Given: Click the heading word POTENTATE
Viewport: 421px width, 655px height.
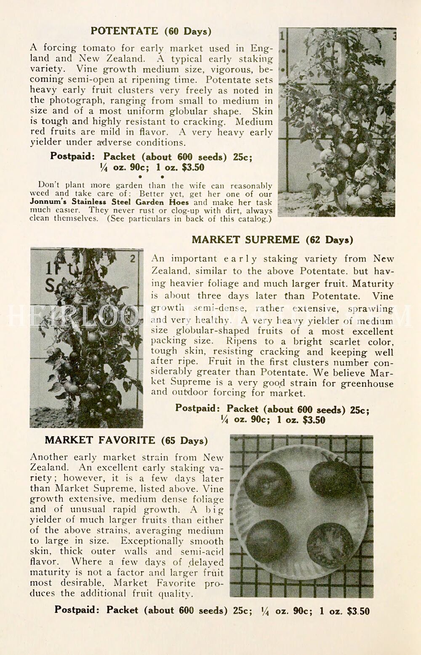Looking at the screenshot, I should click(x=125, y=31).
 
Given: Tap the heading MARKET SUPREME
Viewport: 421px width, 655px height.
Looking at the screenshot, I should click(x=245, y=240).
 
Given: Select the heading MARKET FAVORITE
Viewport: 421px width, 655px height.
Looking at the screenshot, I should click(x=100, y=440).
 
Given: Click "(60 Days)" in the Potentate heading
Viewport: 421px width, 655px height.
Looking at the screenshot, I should click(x=188, y=32).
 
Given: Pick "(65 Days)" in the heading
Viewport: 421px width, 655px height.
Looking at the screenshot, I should click(x=184, y=441).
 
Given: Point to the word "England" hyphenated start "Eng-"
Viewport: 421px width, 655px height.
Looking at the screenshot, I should click(x=262, y=48).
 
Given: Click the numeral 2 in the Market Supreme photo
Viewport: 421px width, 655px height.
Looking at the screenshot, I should click(x=133, y=258).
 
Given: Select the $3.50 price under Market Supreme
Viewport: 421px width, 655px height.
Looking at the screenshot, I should click(x=314, y=420).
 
